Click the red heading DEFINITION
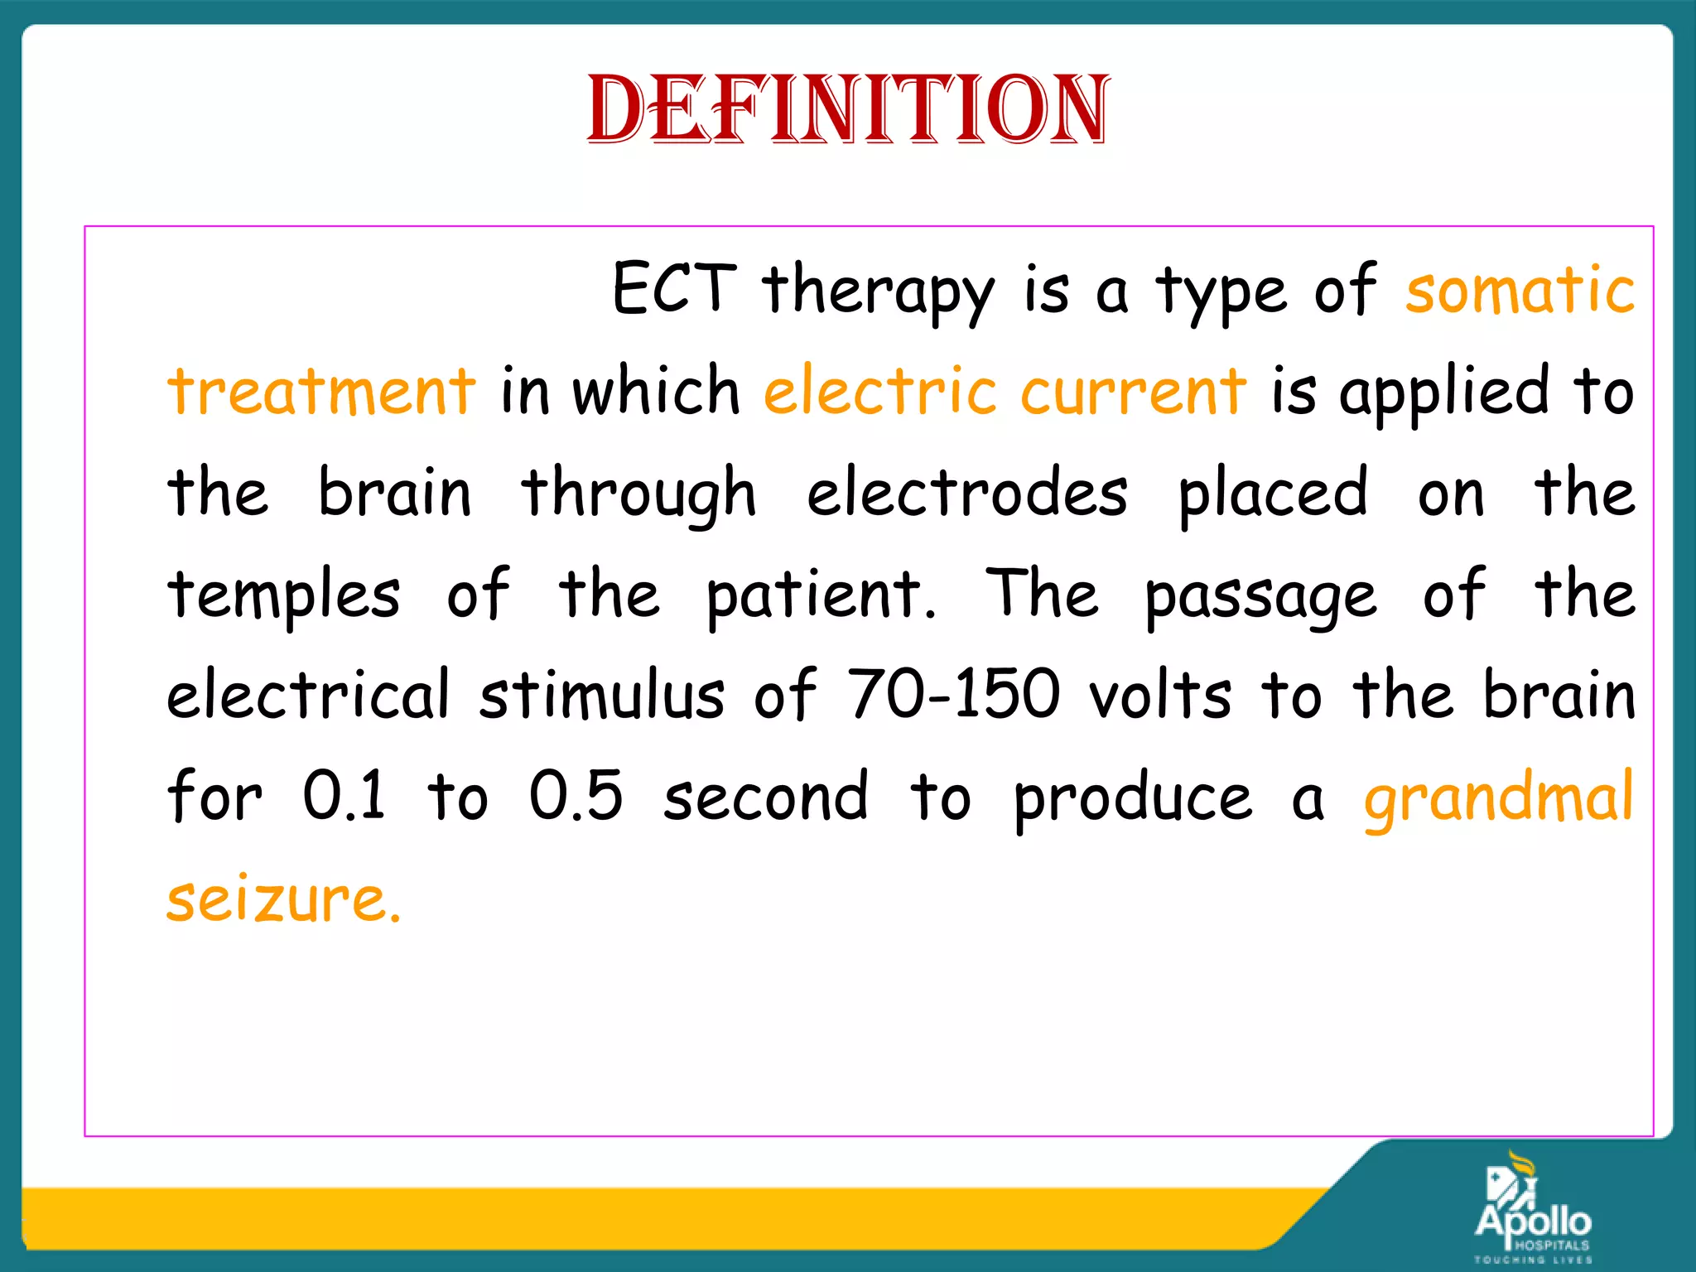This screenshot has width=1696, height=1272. pos(848,110)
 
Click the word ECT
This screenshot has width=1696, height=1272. pos(674,289)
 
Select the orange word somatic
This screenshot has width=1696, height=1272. pos(1520,289)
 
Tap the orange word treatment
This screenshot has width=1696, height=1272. pos(322,390)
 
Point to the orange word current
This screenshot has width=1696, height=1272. pos(1132,390)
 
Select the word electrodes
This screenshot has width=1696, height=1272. pos(966,492)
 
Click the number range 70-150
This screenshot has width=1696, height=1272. pos(952,694)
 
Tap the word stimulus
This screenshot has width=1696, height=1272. pos(602,694)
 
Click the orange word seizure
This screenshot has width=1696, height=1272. pos(283,899)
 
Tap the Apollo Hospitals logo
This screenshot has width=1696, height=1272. pos(1532,1209)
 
